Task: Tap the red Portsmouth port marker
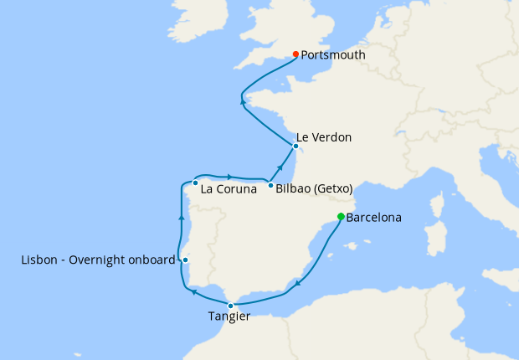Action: click(296, 55)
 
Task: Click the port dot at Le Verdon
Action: click(295, 146)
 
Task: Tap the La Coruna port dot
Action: click(195, 183)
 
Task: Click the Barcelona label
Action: click(373, 218)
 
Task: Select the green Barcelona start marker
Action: click(341, 217)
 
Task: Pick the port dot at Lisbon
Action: click(185, 260)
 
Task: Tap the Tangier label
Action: click(229, 316)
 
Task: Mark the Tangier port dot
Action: click(231, 306)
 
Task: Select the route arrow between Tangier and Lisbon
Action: click(193, 292)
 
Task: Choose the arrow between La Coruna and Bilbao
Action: click(229, 176)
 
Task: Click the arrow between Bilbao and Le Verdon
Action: click(280, 169)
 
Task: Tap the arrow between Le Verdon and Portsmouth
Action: click(243, 101)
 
